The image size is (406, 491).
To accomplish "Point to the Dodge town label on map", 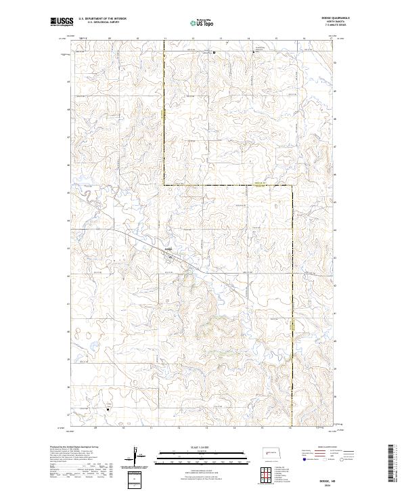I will click(x=169, y=249).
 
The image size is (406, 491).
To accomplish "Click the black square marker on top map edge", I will click(x=214, y=51).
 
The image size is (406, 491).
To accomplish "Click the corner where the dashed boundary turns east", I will click(x=163, y=185).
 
